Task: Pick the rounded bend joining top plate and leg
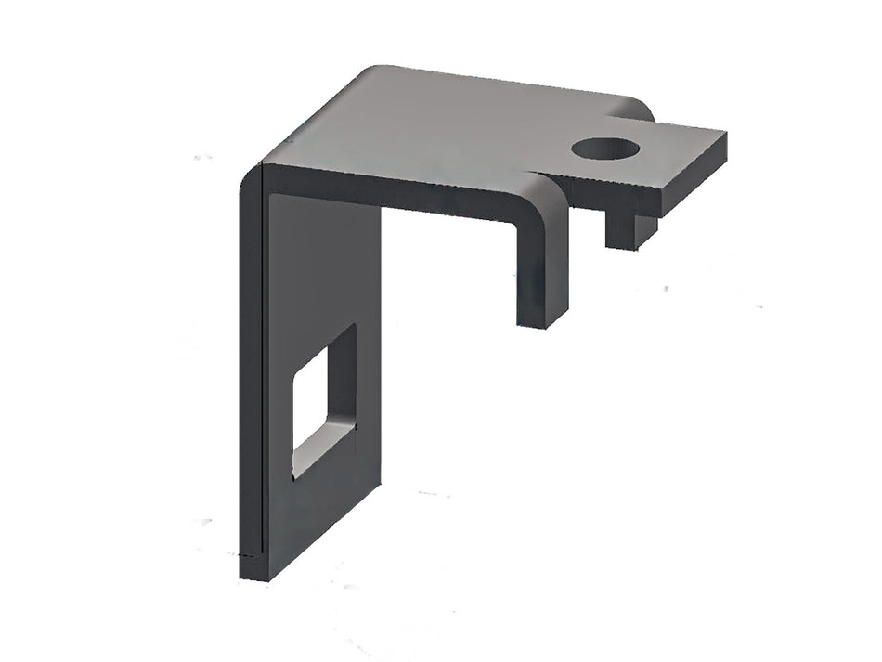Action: click(252, 176)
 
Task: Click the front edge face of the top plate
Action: click(399, 195)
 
